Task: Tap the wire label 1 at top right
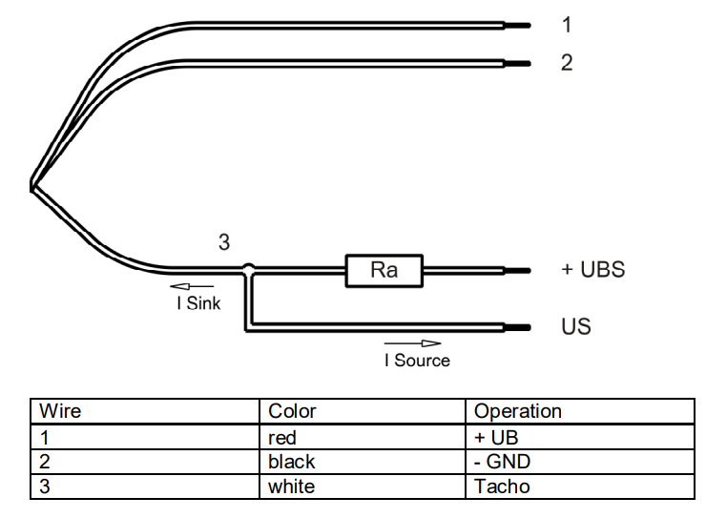tap(566, 25)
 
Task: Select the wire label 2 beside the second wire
tap(566, 63)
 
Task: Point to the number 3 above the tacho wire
tap(224, 242)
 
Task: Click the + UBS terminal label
tap(592, 270)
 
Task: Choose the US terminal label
tap(575, 327)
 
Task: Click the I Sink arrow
tap(192, 286)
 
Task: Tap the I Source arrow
tap(413, 342)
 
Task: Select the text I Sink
tap(197, 303)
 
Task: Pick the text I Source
tap(417, 361)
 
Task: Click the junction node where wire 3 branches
tap(248, 271)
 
